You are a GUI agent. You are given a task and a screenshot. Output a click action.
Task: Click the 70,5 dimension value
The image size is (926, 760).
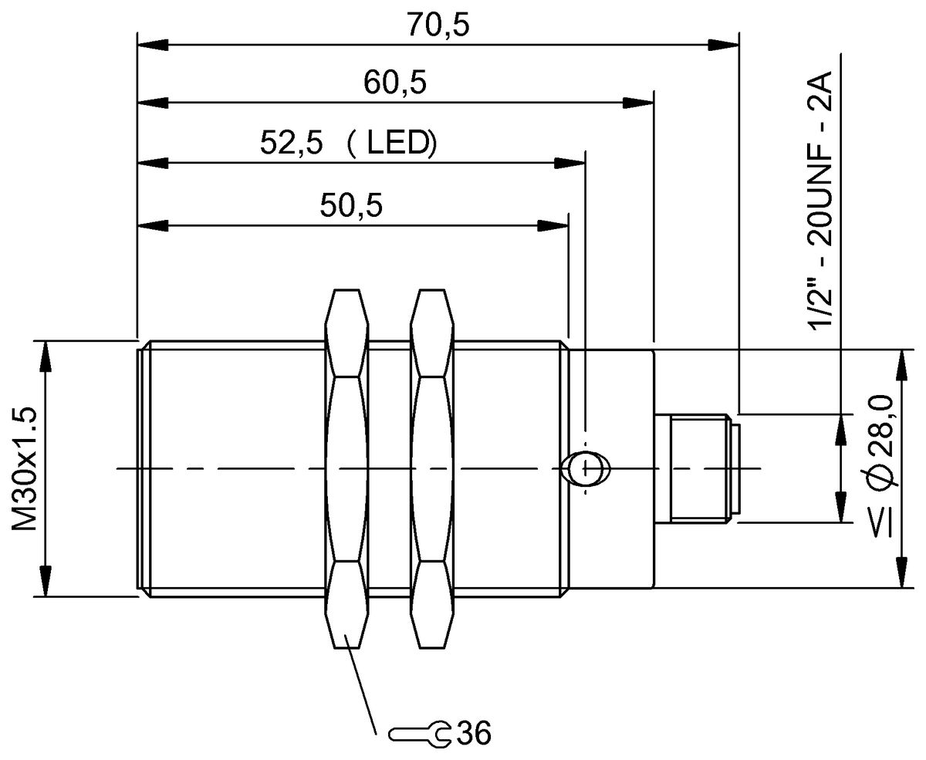click(438, 25)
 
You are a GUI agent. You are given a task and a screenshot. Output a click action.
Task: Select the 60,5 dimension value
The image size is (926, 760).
click(396, 83)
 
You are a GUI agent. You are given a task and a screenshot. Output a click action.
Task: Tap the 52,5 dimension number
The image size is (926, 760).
click(290, 144)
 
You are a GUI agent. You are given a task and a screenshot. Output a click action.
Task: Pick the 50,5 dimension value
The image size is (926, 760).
click(351, 206)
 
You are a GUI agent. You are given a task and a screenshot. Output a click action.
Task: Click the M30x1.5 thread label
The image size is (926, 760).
click(26, 468)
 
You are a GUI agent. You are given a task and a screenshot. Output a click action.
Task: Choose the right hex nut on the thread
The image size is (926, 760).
click(431, 468)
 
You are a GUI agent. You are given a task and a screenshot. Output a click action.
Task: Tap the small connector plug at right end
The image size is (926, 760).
click(696, 468)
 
